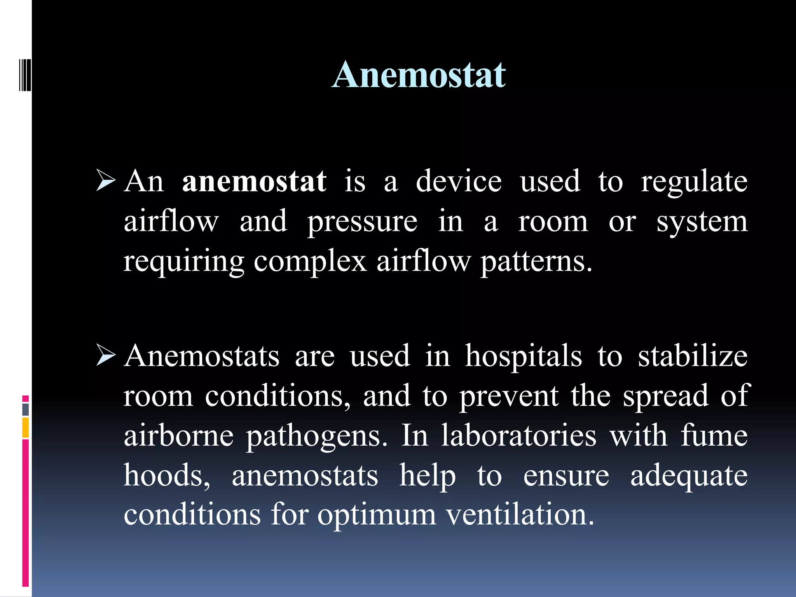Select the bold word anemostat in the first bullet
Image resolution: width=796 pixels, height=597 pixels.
coord(254,181)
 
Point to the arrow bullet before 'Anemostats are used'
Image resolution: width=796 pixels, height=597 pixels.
coord(106,356)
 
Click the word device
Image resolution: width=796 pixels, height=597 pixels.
coord(459,181)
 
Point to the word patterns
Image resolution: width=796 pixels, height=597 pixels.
coord(536,261)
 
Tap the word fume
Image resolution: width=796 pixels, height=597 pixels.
coord(714,435)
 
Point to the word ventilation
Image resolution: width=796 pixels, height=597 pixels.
coord(520,515)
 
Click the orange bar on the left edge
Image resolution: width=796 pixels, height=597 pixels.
coord(26,428)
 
